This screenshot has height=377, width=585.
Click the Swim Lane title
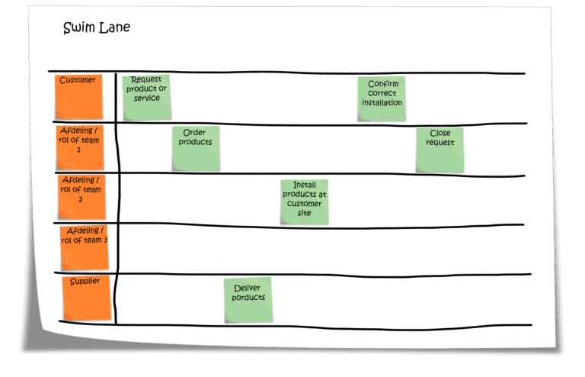pos(97,28)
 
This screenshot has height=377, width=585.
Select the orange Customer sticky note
pos(78,96)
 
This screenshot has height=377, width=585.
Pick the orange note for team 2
pos(82,196)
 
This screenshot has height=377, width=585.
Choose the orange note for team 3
pos(84,246)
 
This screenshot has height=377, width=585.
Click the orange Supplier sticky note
pos(86,298)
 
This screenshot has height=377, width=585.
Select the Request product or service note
pos(146,97)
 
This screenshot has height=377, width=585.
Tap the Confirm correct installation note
pos(382,98)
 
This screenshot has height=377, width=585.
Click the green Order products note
pos(196,148)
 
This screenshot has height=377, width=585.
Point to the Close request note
pos(440,150)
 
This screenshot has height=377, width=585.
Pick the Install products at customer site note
pos(305,201)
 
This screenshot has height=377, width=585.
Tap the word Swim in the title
pos(78,28)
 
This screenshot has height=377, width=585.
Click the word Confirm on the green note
pos(382,84)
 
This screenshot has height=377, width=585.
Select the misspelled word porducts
pos(248,297)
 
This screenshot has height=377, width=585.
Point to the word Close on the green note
pos(440,133)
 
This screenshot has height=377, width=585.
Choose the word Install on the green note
pos(305,185)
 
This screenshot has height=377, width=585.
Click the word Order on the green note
pos(195,133)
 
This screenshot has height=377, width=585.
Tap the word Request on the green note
pos(147,79)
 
